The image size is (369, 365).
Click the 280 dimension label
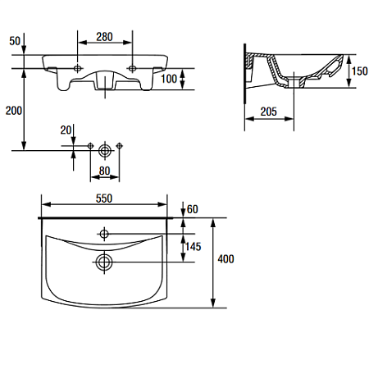pos(104,37)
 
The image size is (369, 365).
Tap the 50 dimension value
pos(15,41)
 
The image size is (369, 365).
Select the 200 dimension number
pos(14,111)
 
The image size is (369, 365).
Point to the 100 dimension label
pos(169,79)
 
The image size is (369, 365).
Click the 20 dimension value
pos(66,130)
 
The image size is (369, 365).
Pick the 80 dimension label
pos(104,171)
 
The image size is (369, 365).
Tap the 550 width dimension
pos(104,198)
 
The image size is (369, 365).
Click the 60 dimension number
pos(193,209)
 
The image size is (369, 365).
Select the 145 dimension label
pos(193,247)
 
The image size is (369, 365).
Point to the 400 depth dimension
pos(225,259)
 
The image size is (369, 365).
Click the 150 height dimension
pos(359,71)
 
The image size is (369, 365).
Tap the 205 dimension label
pos(268,112)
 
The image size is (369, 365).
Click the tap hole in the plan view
pos(104,234)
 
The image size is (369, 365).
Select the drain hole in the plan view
pos(104,262)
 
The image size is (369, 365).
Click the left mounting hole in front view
pos(78,68)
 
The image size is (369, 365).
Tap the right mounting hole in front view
pos(132,68)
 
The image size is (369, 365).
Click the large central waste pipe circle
pos(104,150)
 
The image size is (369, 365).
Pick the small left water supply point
pos(90,146)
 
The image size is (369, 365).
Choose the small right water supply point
pos(119,146)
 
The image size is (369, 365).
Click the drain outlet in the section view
pos(294,82)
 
